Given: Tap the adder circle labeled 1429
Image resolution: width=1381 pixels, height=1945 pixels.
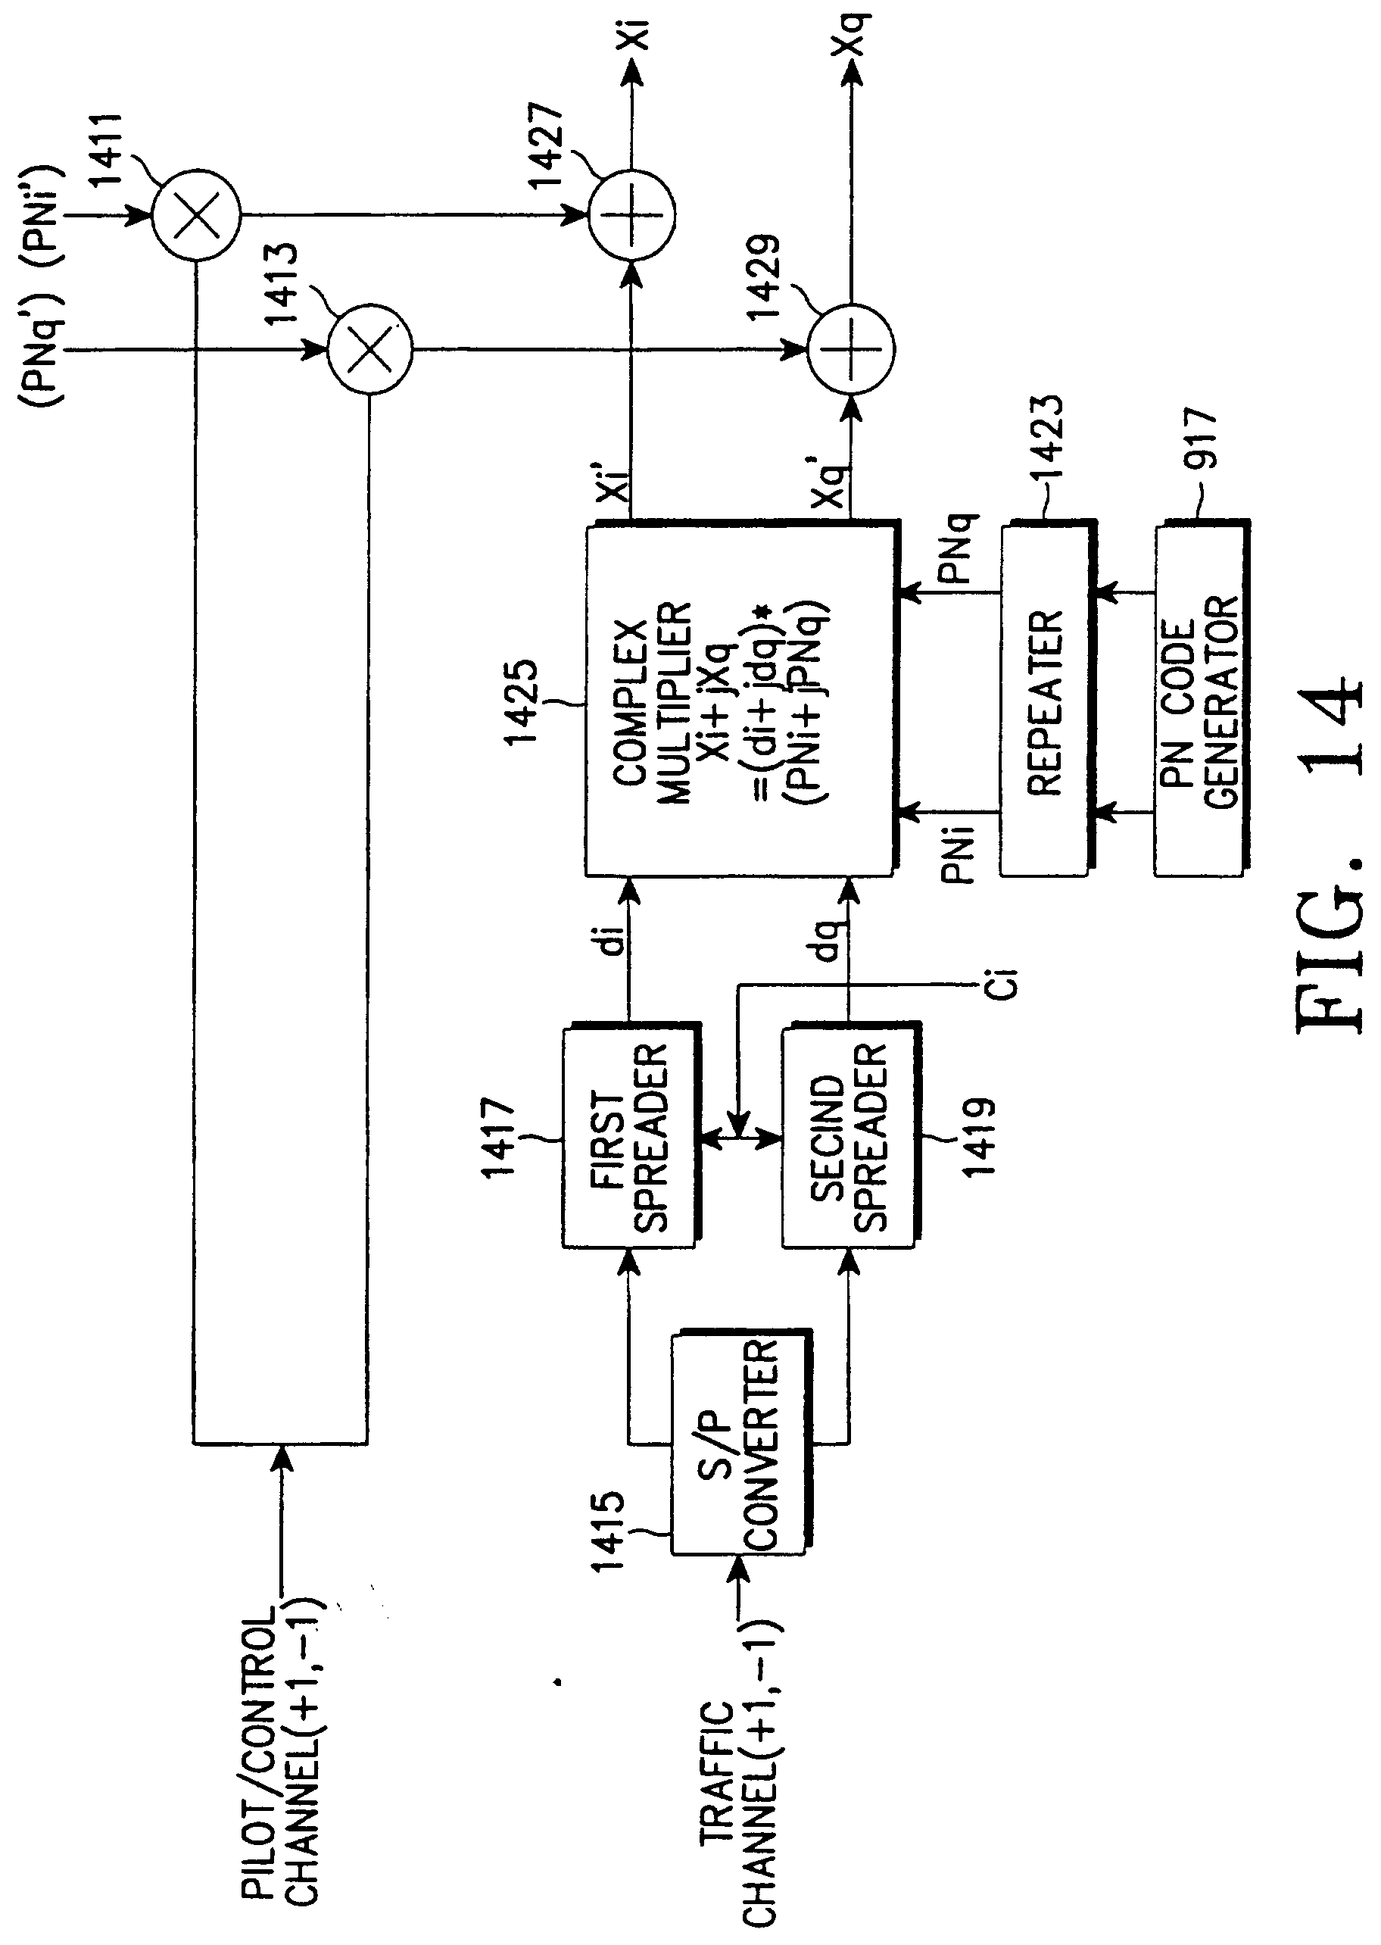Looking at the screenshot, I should [x=850, y=348].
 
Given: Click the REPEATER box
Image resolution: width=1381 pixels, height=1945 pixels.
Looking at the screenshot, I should [x=1045, y=701].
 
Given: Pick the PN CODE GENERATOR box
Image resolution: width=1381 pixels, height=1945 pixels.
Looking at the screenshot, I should [x=1200, y=701].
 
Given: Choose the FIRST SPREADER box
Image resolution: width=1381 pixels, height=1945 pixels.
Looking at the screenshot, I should [x=629, y=1139].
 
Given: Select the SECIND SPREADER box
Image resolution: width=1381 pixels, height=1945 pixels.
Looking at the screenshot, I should [x=848, y=1139].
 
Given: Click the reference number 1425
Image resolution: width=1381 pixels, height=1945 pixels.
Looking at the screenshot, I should [x=522, y=702].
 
